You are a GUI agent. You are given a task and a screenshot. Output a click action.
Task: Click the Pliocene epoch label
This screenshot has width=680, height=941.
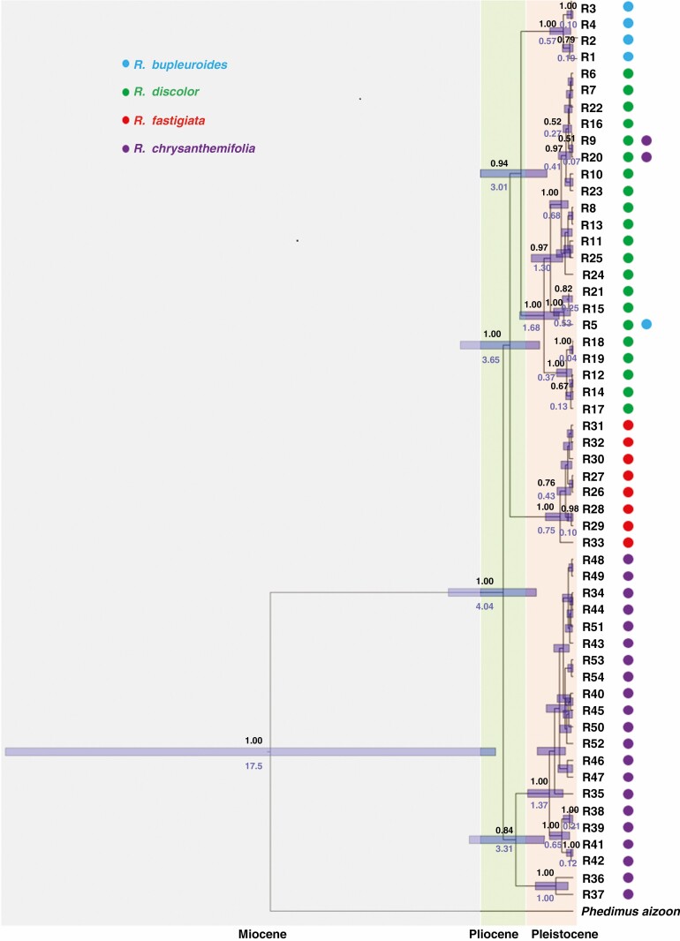[x=495, y=934]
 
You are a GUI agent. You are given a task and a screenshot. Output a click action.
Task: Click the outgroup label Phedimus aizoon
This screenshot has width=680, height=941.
[x=630, y=910]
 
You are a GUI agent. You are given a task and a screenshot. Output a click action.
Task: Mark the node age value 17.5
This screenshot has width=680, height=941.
[x=254, y=766]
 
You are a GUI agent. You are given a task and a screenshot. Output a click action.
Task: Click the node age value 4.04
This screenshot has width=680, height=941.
[x=484, y=607]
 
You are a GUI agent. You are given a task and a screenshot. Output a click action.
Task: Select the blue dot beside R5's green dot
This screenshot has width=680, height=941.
[x=646, y=325]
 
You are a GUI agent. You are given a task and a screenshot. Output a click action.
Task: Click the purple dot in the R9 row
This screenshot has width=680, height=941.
[x=646, y=140]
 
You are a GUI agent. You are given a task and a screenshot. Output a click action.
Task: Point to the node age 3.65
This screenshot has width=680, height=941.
[x=492, y=360]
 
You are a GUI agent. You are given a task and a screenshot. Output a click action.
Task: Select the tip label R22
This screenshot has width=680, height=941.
[x=593, y=107]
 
